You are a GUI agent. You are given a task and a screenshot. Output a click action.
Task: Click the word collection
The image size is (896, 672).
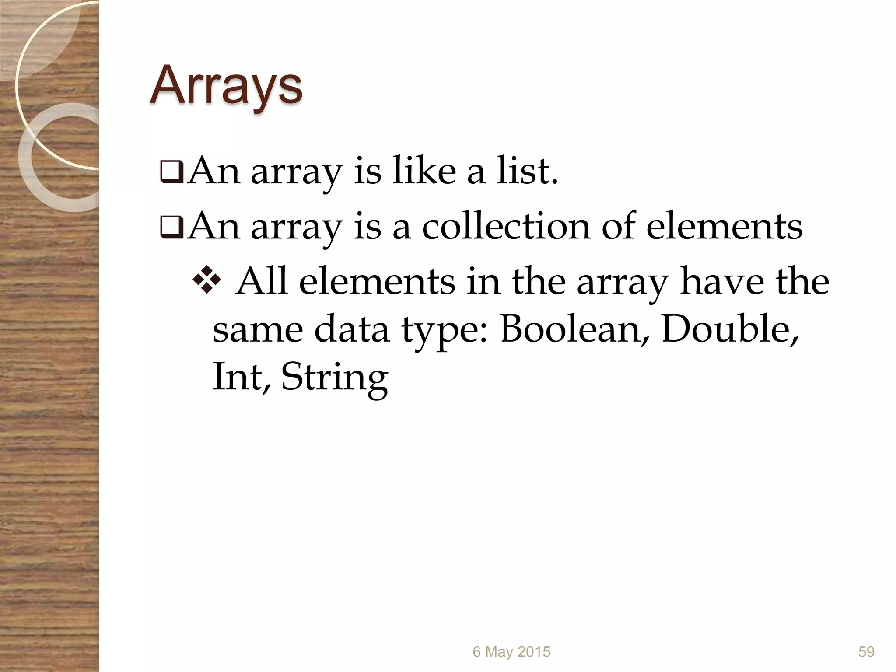click(506, 226)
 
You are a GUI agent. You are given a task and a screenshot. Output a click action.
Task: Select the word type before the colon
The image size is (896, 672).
click(445, 332)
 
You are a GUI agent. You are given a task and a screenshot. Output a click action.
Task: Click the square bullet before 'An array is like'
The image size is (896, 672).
click(171, 173)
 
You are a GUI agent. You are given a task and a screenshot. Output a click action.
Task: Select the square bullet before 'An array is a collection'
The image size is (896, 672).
click(171, 228)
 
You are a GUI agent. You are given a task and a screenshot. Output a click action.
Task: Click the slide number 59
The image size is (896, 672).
click(866, 652)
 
